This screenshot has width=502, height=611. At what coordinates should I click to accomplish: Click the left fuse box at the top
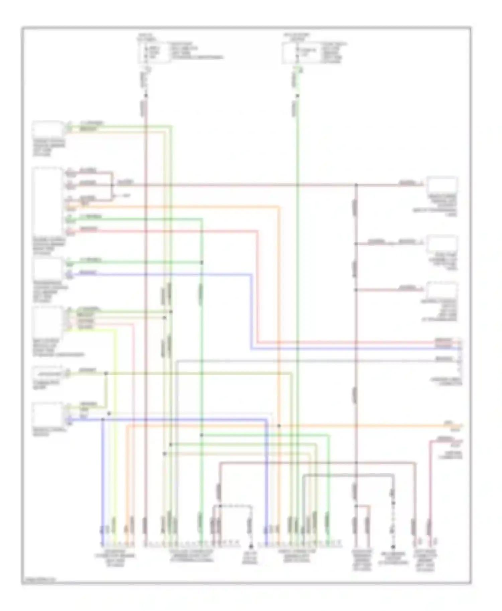[154, 52]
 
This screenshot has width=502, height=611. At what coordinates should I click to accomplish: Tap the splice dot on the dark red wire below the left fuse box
[146, 96]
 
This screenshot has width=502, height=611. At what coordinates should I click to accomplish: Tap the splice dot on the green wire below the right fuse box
[297, 96]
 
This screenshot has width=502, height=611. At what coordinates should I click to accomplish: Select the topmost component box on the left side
[48, 129]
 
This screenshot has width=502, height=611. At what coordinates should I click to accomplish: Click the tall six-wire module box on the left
[48, 201]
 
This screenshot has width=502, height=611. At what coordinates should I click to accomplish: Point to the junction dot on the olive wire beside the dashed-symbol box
[106, 373]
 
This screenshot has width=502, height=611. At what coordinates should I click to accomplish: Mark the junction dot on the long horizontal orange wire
[279, 426]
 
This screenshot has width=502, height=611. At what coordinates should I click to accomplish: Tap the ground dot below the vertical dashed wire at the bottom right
[393, 547]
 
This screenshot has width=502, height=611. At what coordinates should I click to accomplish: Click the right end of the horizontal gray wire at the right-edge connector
[459, 361]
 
